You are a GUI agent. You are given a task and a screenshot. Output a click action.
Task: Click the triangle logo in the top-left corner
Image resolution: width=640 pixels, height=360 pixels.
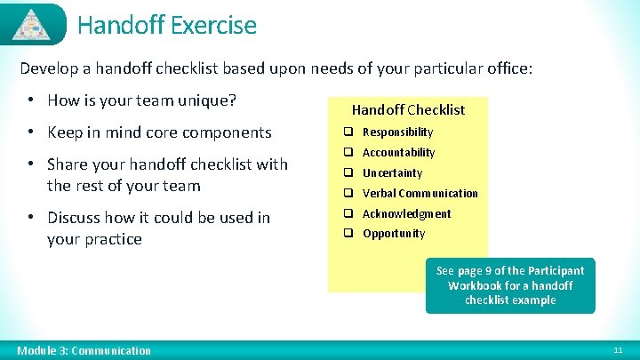(x=32, y=24)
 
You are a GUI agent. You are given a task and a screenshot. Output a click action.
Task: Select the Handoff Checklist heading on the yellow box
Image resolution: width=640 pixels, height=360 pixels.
(x=408, y=110)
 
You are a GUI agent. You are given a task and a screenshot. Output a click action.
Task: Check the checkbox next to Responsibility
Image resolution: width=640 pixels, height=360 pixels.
(x=349, y=132)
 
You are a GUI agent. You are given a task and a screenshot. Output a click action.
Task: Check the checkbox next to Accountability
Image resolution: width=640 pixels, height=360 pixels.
(x=349, y=153)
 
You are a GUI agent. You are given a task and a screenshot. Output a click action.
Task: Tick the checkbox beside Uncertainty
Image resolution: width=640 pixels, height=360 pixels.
(x=349, y=173)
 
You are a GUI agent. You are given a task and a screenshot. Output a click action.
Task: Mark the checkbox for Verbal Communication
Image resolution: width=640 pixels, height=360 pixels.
(x=349, y=194)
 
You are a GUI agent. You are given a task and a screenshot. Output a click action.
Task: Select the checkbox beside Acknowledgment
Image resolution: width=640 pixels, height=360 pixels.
(x=349, y=214)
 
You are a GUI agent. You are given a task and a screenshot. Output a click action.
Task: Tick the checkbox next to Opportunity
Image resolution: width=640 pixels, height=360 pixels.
(x=349, y=234)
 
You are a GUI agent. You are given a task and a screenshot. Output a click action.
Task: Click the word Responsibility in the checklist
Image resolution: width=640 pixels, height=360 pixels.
(x=397, y=132)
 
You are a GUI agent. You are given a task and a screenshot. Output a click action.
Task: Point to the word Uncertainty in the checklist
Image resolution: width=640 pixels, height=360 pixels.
(x=392, y=173)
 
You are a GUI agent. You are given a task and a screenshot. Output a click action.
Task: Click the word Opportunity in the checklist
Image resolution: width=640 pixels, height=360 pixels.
(x=394, y=234)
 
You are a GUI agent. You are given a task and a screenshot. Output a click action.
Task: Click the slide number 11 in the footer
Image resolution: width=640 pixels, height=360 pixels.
(x=619, y=351)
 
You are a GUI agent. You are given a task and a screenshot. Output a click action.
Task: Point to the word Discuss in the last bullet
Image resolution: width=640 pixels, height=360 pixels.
(x=75, y=218)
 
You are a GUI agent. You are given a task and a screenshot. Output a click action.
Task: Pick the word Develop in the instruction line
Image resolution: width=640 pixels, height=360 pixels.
(x=48, y=68)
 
